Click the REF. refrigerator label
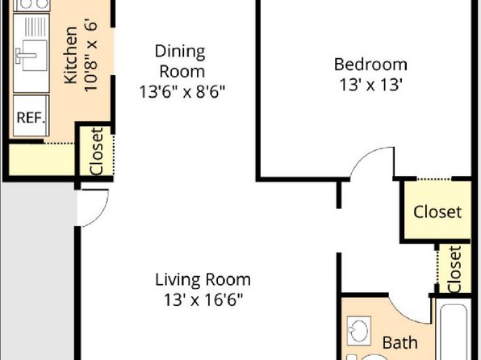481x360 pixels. point(31,117)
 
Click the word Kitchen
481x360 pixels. point(70,55)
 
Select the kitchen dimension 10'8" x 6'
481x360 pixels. point(91,55)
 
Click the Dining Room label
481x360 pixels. point(181,61)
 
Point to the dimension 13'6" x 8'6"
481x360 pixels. point(182,91)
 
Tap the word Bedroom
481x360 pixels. point(370,65)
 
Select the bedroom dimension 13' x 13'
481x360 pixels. point(370,85)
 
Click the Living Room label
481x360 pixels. point(203,279)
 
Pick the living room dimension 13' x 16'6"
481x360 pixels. point(203,299)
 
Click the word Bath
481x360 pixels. point(400,342)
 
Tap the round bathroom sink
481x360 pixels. point(358,330)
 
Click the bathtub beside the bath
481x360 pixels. point(454,332)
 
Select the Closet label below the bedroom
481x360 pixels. point(437,211)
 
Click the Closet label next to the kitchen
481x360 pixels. point(97,152)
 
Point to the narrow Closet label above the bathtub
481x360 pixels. point(454,269)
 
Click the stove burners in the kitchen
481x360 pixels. point(31,5)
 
